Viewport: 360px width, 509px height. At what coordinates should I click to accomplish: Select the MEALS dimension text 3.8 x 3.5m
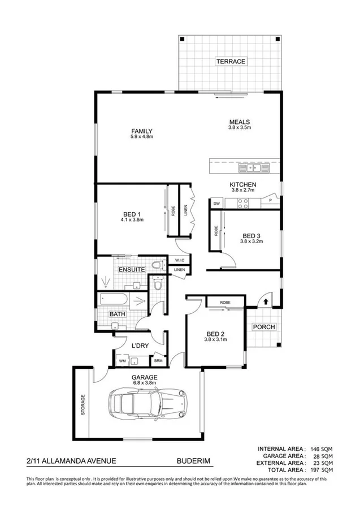point(240,128)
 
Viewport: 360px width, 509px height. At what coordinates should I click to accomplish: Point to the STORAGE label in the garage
point(83,405)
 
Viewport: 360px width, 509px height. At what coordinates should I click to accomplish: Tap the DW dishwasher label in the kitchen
point(216,203)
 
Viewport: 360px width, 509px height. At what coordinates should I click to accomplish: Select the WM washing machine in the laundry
point(122,360)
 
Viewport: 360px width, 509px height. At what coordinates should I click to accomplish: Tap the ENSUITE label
point(132,270)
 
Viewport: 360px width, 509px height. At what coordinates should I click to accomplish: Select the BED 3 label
point(251,236)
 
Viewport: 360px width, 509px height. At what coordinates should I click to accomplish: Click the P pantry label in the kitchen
point(271,200)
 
